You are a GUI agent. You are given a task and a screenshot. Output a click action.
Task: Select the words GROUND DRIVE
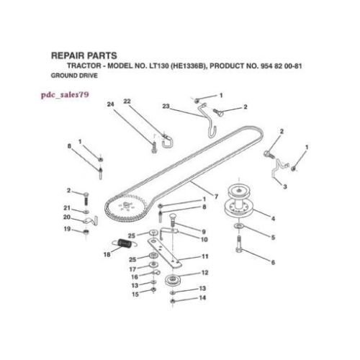coord(73,74)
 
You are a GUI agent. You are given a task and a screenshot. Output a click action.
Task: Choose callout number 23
coord(166,107)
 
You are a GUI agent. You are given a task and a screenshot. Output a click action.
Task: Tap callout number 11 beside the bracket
coord(205,256)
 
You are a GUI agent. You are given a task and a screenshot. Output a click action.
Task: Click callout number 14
coord(202,298)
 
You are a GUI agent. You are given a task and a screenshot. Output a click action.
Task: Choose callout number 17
coord(132,269)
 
